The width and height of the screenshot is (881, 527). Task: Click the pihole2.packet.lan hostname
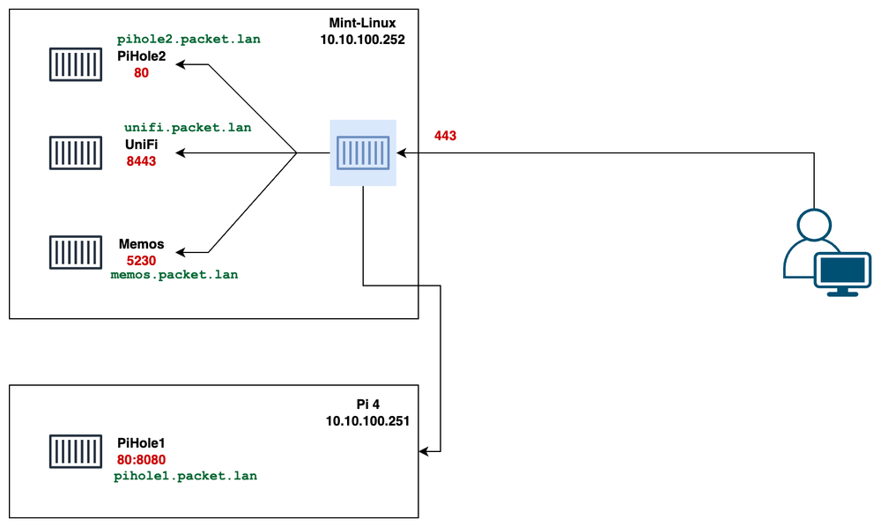pyautogui.click(x=189, y=40)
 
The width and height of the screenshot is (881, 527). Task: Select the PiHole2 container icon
pyautogui.click(x=75, y=64)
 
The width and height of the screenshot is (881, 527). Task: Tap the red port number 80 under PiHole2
pyautogui.click(x=141, y=73)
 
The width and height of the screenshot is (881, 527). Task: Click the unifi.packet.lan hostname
pyautogui.click(x=188, y=128)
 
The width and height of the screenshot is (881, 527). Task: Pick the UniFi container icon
pyautogui.click(x=75, y=152)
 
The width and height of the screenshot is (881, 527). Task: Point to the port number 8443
pyautogui.click(x=141, y=161)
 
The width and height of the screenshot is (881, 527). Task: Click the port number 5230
pyautogui.click(x=141, y=260)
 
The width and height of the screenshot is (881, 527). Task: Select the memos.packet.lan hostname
pyautogui.click(x=174, y=275)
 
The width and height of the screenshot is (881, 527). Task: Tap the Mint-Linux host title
pyautogui.click(x=363, y=24)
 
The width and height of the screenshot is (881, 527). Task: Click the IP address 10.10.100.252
pyautogui.click(x=363, y=40)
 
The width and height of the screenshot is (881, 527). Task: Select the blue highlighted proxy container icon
pyautogui.click(x=363, y=152)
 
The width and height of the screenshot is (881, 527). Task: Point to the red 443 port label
pyautogui.click(x=445, y=136)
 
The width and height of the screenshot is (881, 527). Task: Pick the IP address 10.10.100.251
pyautogui.click(x=367, y=420)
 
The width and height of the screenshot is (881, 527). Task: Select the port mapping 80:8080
pyautogui.click(x=141, y=460)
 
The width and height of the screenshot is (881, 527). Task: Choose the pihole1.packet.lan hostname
pyautogui.click(x=186, y=476)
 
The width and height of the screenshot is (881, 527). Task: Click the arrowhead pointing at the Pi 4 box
pyautogui.click(x=425, y=451)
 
